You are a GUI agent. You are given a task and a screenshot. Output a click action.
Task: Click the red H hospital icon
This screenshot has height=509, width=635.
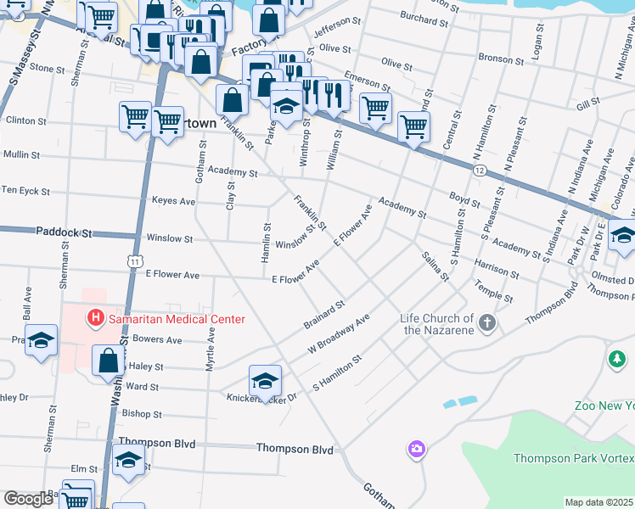coord(95,319)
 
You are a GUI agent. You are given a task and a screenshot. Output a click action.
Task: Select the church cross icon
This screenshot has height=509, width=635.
coord(486,322)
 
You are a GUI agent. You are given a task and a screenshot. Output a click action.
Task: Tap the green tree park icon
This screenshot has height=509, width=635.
coord(617,360)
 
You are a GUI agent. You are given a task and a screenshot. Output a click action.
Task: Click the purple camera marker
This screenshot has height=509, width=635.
coord(416,448)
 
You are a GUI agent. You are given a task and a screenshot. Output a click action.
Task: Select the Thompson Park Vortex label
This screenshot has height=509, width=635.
coord(574,458)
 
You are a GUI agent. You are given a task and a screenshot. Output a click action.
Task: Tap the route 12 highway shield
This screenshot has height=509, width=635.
coord(480,171)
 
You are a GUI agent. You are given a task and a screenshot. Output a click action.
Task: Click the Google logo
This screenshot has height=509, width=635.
coord(29,499)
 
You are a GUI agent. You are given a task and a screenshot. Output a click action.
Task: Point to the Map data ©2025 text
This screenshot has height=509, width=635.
coord(599,502)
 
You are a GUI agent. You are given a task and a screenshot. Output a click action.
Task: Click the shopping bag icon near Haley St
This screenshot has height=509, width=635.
coord(110,360)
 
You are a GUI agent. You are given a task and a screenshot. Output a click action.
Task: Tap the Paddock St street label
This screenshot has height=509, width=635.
coord(63,231)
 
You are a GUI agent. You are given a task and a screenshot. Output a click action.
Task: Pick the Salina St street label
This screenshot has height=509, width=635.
coord(434,266)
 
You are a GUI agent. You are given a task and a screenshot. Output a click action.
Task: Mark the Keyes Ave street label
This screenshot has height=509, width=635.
coord(173,202)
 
